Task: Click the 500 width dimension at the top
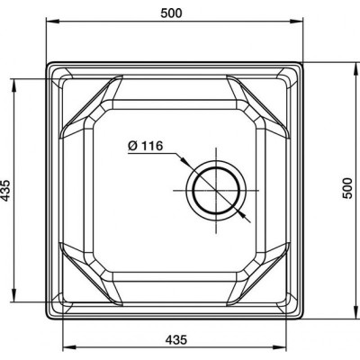pos(171,13)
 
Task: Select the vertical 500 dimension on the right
pos(347,188)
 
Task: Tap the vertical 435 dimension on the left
pos(6,190)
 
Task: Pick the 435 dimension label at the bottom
pos(176,340)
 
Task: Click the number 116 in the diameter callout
pos(151,146)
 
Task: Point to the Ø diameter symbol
pos(132,146)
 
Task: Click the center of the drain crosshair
pos(216,190)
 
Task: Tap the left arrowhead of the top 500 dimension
pos(51,22)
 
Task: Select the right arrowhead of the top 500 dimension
pos(296,22)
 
